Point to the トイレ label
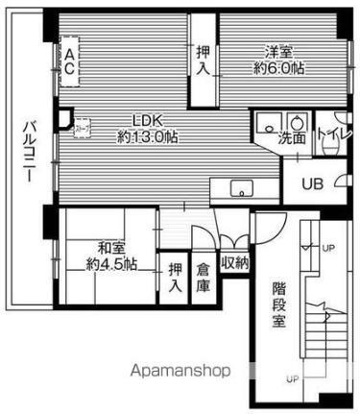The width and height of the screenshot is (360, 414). (x=333, y=135)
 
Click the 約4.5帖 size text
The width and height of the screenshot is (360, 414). (x=109, y=263)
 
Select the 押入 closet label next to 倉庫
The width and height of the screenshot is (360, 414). (x=175, y=278)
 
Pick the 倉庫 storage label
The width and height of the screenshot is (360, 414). (x=204, y=278)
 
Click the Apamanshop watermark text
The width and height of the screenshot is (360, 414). (x=164, y=369)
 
